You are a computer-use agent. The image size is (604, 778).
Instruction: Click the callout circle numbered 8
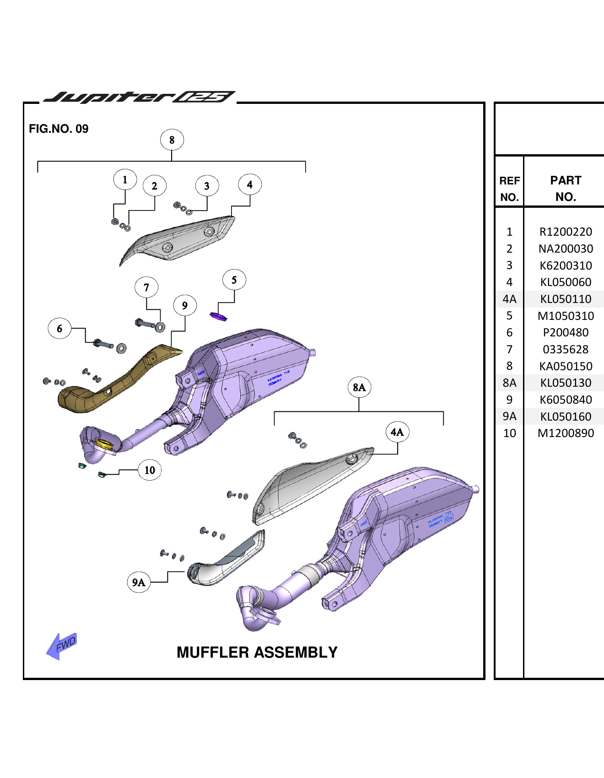tap(172, 140)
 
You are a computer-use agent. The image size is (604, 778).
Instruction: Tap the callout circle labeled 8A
tap(359, 388)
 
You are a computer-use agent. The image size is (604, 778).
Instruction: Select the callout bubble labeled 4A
tap(397, 432)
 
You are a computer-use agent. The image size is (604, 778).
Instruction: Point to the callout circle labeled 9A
tap(139, 582)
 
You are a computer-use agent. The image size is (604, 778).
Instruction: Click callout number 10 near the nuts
tap(150, 470)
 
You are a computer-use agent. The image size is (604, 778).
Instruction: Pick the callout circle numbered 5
tap(234, 280)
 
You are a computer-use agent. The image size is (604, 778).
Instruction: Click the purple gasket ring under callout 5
tap(218, 316)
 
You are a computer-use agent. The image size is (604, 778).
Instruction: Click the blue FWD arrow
tap(62, 646)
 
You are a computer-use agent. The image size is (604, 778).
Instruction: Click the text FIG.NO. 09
tap(59, 129)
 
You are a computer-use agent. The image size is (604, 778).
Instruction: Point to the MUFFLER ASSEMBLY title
tap(257, 652)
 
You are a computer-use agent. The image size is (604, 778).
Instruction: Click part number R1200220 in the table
tap(566, 232)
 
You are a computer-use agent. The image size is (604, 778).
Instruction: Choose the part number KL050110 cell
tap(566, 299)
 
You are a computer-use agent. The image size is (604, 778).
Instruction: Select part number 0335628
tap(566, 350)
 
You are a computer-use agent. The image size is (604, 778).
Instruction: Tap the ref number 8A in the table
tap(509, 383)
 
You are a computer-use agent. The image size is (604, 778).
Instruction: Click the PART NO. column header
tap(566, 188)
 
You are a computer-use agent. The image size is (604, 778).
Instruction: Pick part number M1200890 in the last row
tap(566, 433)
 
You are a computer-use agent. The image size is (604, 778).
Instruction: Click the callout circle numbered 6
tap(59, 329)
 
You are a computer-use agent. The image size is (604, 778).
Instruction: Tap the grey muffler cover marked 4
tap(183, 240)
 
